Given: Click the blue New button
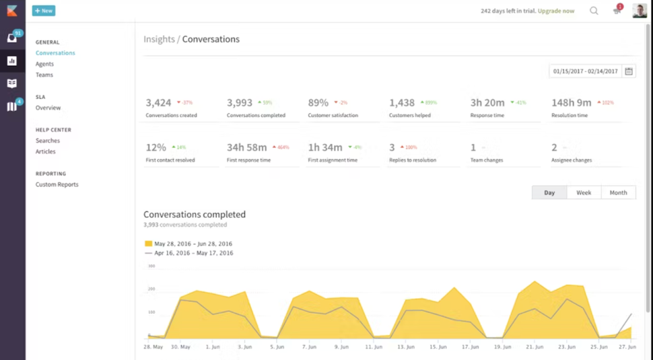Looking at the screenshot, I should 44,11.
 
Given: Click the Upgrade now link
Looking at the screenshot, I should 556,11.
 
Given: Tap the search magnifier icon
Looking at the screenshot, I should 594,11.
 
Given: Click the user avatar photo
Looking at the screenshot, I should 639,11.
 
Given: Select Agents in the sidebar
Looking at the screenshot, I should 44,64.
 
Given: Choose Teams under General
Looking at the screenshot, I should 44,75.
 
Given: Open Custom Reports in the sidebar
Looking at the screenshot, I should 57,184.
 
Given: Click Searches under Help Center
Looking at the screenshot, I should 48,141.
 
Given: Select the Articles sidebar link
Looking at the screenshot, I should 46,151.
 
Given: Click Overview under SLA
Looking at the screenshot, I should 48,108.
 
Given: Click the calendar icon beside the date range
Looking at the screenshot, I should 629,71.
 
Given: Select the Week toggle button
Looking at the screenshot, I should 584,192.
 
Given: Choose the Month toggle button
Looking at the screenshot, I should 618,192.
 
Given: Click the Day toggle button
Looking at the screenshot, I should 549,192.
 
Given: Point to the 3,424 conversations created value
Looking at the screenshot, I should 158,103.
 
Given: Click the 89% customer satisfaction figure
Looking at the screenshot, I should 318,103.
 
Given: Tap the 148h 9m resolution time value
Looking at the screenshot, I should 571,103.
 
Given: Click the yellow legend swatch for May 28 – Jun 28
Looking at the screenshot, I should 148,244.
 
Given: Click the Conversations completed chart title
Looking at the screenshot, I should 195,215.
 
